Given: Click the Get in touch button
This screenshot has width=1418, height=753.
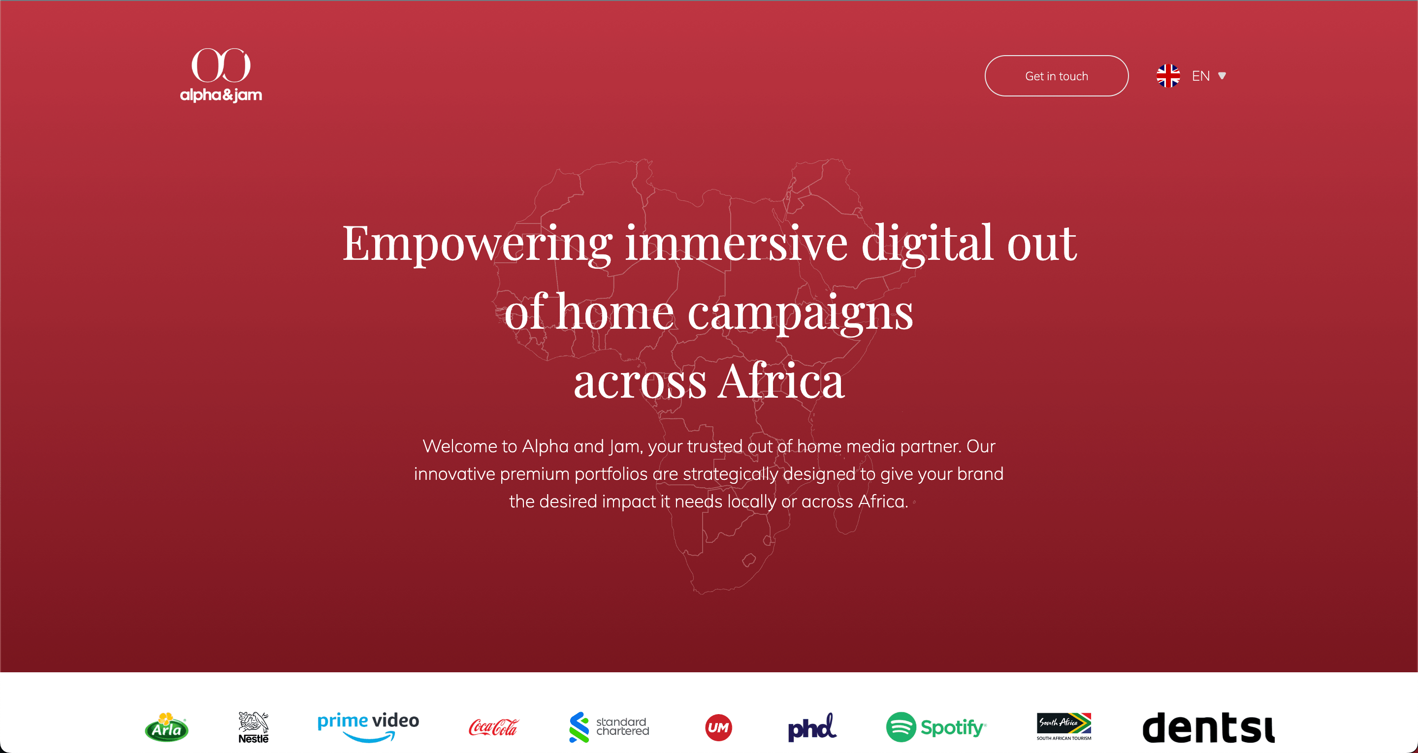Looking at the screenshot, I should (1056, 76).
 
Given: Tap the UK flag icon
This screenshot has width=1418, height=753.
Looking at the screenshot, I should (1167, 76).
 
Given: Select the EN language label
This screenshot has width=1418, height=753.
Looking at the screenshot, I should (1200, 76).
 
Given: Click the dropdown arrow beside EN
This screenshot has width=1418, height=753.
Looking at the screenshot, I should (1222, 76).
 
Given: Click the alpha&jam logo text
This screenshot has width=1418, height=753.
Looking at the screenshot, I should (221, 94).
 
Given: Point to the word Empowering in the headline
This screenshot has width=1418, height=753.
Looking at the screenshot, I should (477, 243).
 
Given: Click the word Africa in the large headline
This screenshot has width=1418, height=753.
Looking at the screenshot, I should (780, 381).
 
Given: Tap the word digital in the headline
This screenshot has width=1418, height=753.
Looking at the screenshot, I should (927, 243).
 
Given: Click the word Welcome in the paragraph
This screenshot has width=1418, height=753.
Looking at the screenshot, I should (460, 446).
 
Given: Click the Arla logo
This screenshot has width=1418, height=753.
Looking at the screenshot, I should (166, 728).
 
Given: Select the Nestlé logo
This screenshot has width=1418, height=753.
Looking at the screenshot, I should (253, 728).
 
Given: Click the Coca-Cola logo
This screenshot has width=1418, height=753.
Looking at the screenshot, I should (493, 728).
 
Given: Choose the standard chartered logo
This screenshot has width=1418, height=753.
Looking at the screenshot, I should (609, 726).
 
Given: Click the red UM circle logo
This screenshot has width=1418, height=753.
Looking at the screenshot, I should (718, 728).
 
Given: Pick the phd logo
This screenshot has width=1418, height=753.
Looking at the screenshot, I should (812, 728).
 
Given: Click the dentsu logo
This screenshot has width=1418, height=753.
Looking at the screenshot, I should (1208, 728).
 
